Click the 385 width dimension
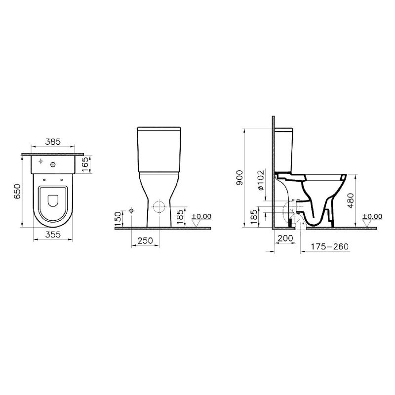click(53, 142)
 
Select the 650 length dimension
click(17, 191)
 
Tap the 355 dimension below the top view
click(53, 235)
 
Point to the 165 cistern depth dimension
click(85, 164)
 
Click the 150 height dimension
click(118, 219)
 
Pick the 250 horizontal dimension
click(146, 240)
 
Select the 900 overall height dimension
click(239, 178)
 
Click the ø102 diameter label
click(261, 180)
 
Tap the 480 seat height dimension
click(351, 200)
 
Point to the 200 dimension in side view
click(285, 238)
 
